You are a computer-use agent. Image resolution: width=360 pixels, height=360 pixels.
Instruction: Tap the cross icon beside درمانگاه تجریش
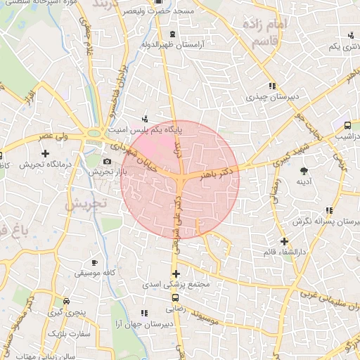46,153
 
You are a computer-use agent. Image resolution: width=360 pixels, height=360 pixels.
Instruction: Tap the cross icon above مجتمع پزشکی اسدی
176,274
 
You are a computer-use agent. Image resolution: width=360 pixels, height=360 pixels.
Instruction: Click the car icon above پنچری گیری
66,299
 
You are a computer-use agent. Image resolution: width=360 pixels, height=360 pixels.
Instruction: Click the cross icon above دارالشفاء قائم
283,241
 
